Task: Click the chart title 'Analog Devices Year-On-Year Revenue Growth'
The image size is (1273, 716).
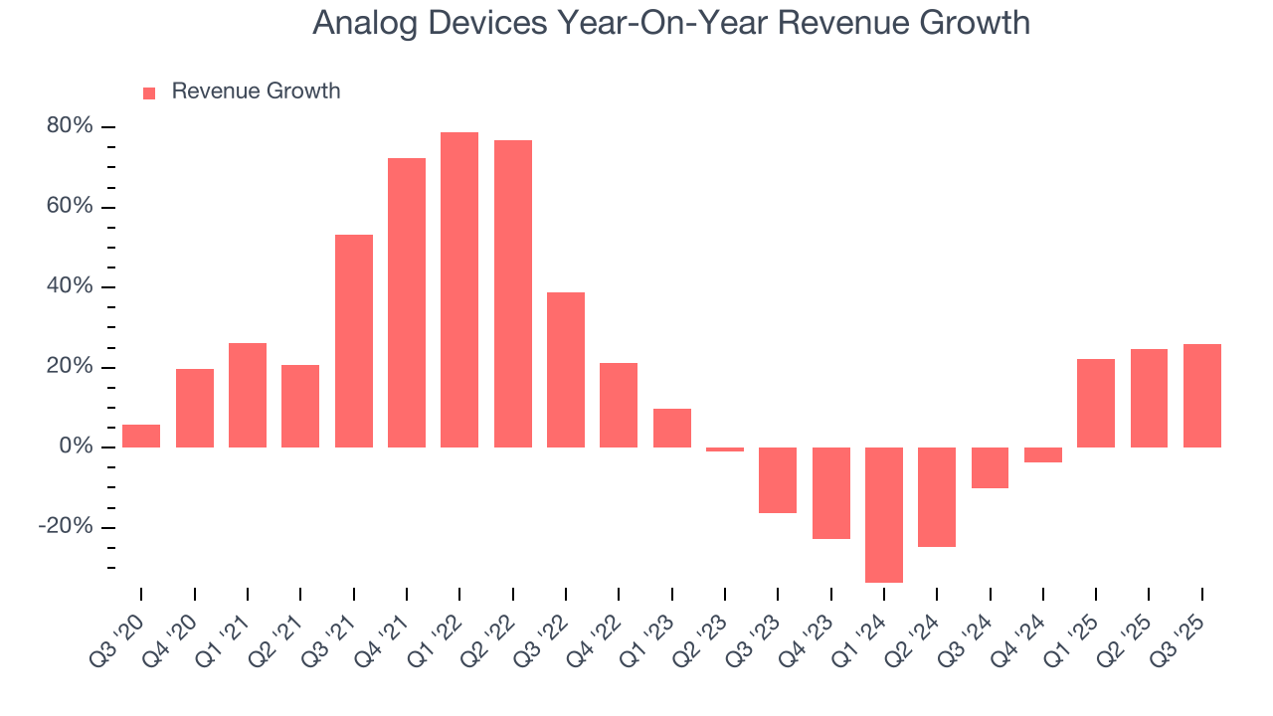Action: point(671,22)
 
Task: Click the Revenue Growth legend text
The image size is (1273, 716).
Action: point(256,91)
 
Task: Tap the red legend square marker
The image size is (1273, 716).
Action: point(149,92)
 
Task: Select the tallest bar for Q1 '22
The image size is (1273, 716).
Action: point(459,289)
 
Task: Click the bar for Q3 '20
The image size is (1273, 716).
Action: point(141,436)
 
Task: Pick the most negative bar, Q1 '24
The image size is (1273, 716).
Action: point(884,514)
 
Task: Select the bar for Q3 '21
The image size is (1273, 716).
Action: point(353,341)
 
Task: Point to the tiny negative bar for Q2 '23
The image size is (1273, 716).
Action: point(725,449)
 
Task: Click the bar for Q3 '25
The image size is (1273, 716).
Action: point(1201,396)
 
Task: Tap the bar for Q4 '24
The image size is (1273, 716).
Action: point(1042,454)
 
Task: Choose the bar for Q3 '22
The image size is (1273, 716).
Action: point(566,369)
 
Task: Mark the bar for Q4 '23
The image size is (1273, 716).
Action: point(830,493)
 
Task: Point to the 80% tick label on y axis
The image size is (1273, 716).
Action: point(69,126)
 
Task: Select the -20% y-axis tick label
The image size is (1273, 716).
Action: point(66,527)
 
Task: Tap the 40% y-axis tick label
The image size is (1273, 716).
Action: point(69,286)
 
